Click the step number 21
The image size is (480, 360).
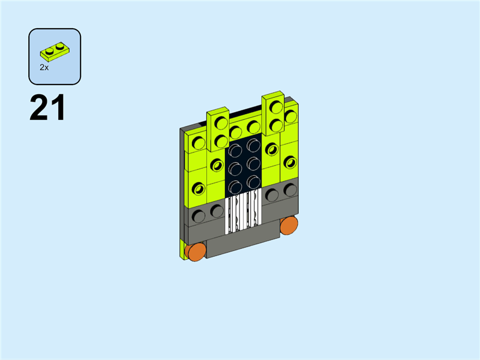[47, 108]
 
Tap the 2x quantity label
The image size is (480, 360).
[44, 68]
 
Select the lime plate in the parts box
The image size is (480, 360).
[55, 52]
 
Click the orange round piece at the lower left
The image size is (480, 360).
[196, 251]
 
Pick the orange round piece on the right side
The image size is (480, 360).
[289, 226]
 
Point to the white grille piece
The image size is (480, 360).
[244, 211]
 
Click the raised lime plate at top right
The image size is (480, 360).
[274, 113]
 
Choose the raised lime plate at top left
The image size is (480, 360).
[218, 129]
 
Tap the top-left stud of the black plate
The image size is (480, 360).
[235, 151]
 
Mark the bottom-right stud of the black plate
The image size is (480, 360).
[253, 182]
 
